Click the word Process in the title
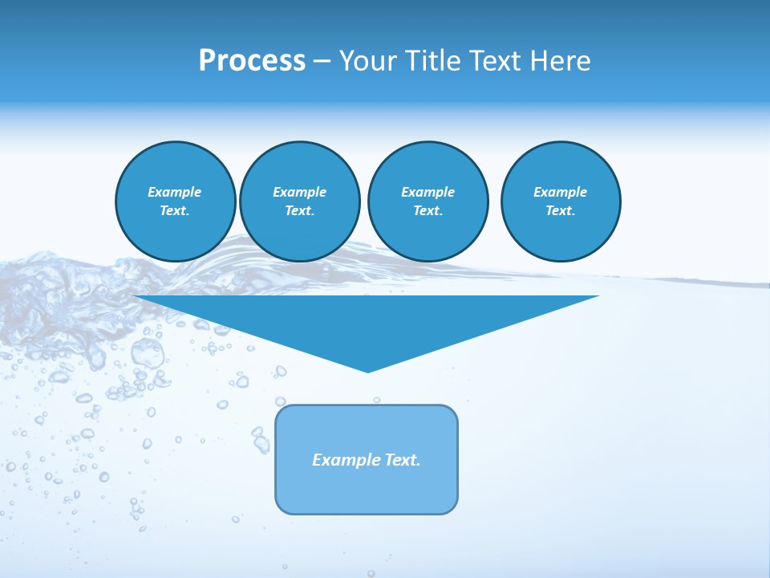252,61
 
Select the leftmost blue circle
176,201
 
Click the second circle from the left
300,201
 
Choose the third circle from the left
428,201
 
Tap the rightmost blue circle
561,201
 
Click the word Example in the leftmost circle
175,192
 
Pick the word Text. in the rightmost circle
560,211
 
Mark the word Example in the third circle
428,192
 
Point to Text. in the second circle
299,211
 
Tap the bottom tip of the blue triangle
367,370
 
